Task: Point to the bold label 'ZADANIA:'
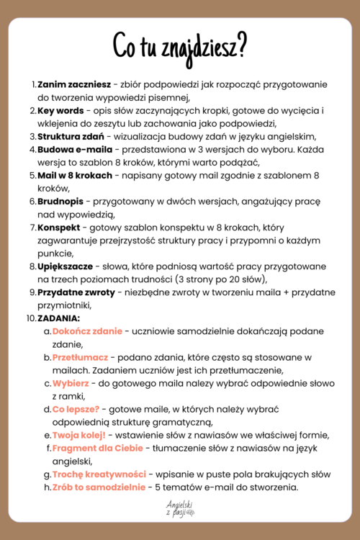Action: pos(59,318)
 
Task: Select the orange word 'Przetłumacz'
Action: pos(80,356)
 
